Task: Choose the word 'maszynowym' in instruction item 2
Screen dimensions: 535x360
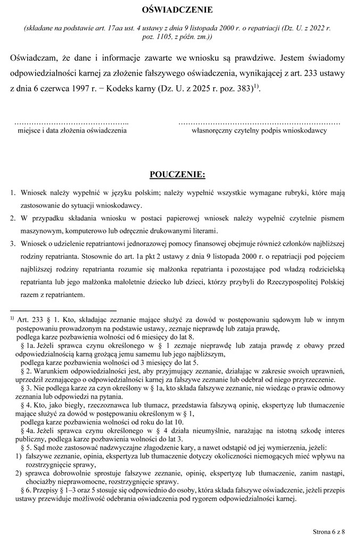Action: click(39, 231)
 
